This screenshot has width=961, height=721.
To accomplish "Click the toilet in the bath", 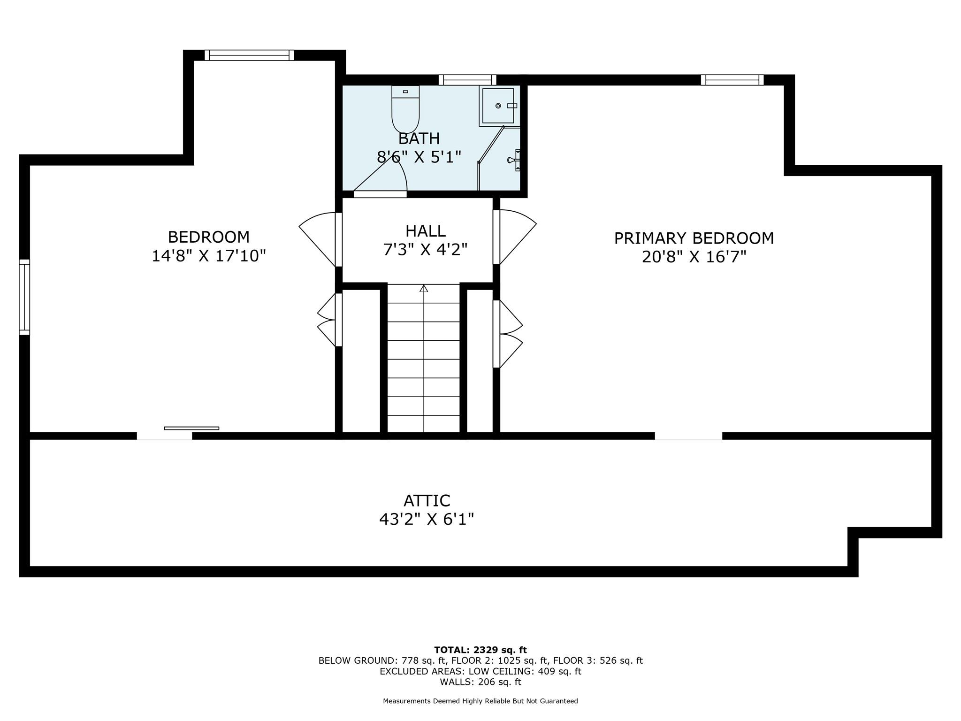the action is [x=405, y=109].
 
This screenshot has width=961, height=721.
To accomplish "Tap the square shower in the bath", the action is [x=498, y=106].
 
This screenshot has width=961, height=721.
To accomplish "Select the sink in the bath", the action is [x=515, y=160].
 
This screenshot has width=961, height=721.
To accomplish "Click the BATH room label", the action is [x=419, y=139].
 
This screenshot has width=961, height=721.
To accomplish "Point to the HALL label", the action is [x=426, y=231].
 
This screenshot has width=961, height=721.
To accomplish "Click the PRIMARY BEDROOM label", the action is [x=694, y=238].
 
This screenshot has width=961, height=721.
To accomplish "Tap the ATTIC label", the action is [x=427, y=501].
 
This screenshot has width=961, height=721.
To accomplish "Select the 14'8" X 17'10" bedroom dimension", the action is [x=209, y=256].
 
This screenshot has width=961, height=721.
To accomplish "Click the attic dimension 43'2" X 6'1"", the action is [x=427, y=519].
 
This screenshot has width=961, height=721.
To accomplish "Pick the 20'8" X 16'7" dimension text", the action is [x=694, y=257].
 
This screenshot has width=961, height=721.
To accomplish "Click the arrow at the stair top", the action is [x=424, y=288].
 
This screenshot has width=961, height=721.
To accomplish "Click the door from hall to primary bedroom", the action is [x=514, y=237].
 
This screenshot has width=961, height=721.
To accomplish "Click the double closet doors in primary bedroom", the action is [x=508, y=334].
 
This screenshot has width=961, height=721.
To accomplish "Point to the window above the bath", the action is [x=467, y=80].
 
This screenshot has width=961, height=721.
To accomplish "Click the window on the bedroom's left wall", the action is [x=24, y=297].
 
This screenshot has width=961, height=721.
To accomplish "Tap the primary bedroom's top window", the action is [x=732, y=80].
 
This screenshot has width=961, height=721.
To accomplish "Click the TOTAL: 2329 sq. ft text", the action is [x=480, y=650].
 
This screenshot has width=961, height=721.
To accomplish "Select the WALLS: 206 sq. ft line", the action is [x=480, y=682].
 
